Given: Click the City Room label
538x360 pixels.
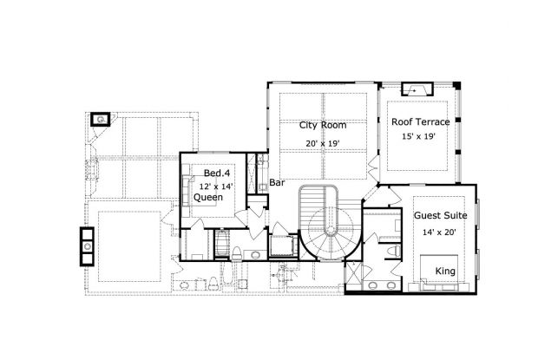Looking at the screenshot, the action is (323, 125).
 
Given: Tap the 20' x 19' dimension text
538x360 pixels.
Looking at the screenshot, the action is (323, 143).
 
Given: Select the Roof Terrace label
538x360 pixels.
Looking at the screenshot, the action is (420, 121).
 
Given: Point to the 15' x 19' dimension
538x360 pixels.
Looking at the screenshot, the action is (418, 136).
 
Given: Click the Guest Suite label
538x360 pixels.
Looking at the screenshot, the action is (441, 215).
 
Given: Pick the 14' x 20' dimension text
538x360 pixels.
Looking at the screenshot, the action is (439, 232).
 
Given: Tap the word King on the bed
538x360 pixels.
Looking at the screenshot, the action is (445, 272).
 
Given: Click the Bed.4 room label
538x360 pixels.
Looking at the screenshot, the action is (217, 173).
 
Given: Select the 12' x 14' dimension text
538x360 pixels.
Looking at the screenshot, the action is (216, 187).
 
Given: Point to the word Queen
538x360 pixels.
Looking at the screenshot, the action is (208, 197).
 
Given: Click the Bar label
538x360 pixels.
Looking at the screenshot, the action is (277, 183).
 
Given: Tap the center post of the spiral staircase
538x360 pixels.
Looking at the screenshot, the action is (331, 231).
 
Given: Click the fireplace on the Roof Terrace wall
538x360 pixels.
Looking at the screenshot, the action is (417, 89).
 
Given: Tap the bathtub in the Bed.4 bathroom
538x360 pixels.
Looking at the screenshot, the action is (222, 243).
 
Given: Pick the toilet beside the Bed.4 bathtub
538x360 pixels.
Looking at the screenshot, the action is (236, 253).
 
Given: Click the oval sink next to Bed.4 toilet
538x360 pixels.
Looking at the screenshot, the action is (255, 255).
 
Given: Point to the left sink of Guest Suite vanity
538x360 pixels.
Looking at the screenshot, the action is (373, 285).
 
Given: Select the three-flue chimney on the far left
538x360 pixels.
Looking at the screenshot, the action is (87, 246).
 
